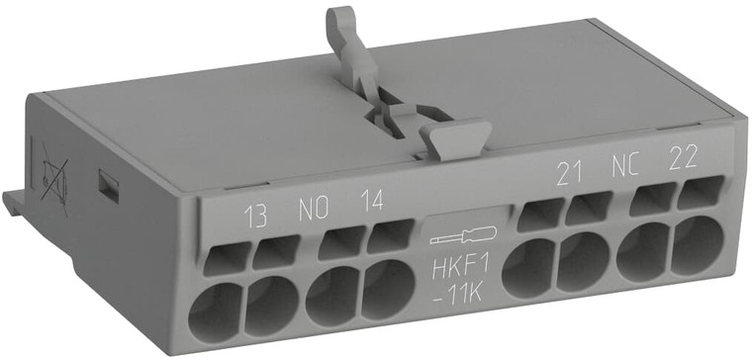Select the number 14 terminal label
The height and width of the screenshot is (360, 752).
(x=371, y=204)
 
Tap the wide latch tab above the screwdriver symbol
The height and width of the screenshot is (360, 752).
(x=454, y=136)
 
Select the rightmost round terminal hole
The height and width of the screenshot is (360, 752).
(x=700, y=244)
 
